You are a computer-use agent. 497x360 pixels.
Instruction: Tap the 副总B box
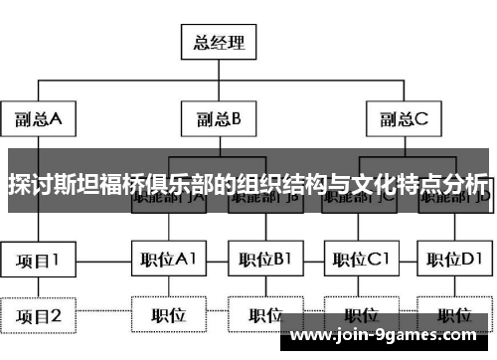coord(217,120)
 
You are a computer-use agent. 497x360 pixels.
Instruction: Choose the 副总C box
coord(403,120)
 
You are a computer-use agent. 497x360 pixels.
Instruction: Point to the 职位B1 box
coord(265,260)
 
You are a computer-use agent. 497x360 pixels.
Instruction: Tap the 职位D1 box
coord(453,260)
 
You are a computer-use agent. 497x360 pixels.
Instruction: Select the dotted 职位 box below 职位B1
coord(265,316)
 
